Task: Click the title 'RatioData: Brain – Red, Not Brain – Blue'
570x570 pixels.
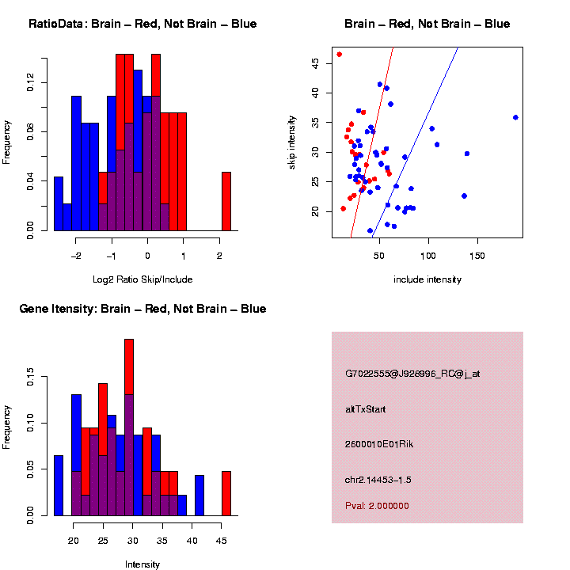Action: (142, 24)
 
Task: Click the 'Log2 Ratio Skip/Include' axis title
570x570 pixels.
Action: (142, 279)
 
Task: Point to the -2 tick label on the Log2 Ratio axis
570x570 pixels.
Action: (76, 256)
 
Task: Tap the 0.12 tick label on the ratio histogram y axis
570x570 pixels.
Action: (31, 82)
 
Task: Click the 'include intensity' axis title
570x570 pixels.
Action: (427, 279)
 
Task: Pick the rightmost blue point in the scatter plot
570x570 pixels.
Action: (515, 117)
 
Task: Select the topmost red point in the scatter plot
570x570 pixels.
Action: (339, 55)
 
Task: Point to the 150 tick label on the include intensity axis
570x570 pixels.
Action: (477, 256)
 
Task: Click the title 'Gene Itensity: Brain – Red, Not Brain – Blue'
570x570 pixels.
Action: (142, 309)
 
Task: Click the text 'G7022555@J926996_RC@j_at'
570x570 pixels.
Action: (412, 373)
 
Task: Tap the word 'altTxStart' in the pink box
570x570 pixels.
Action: (366, 409)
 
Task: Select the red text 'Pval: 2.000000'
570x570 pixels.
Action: (377, 506)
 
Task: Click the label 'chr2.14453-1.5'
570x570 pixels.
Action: (378, 480)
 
